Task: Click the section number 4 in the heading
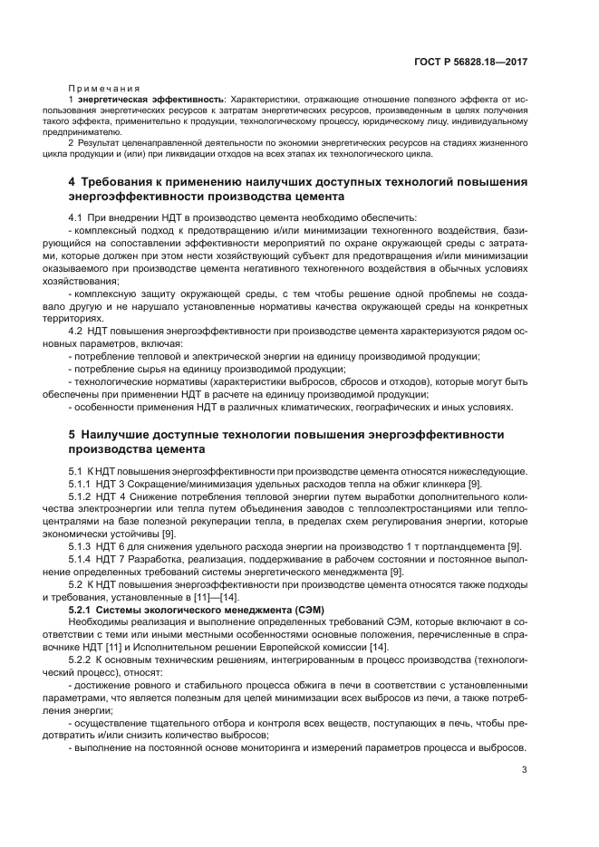click(x=72, y=182)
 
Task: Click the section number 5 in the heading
click(x=72, y=435)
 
